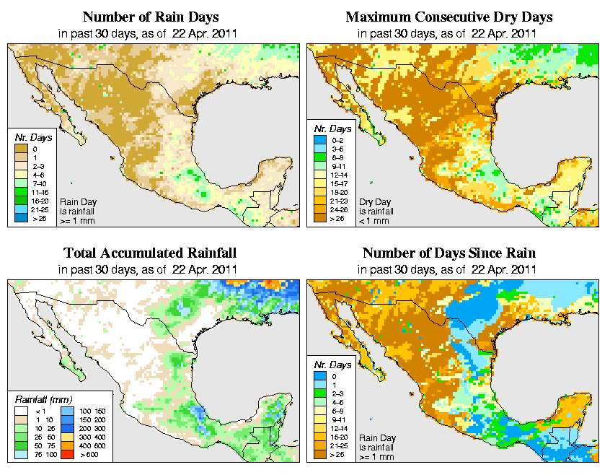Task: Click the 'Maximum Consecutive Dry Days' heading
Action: coord(449,17)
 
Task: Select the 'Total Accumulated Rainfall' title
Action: coord(150,253)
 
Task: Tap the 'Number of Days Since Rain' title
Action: coord(449,253)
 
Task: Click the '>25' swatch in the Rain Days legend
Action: coord(20,217)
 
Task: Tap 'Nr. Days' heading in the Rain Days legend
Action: coord(30,137)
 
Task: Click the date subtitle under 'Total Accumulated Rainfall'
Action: coord(150,269)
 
